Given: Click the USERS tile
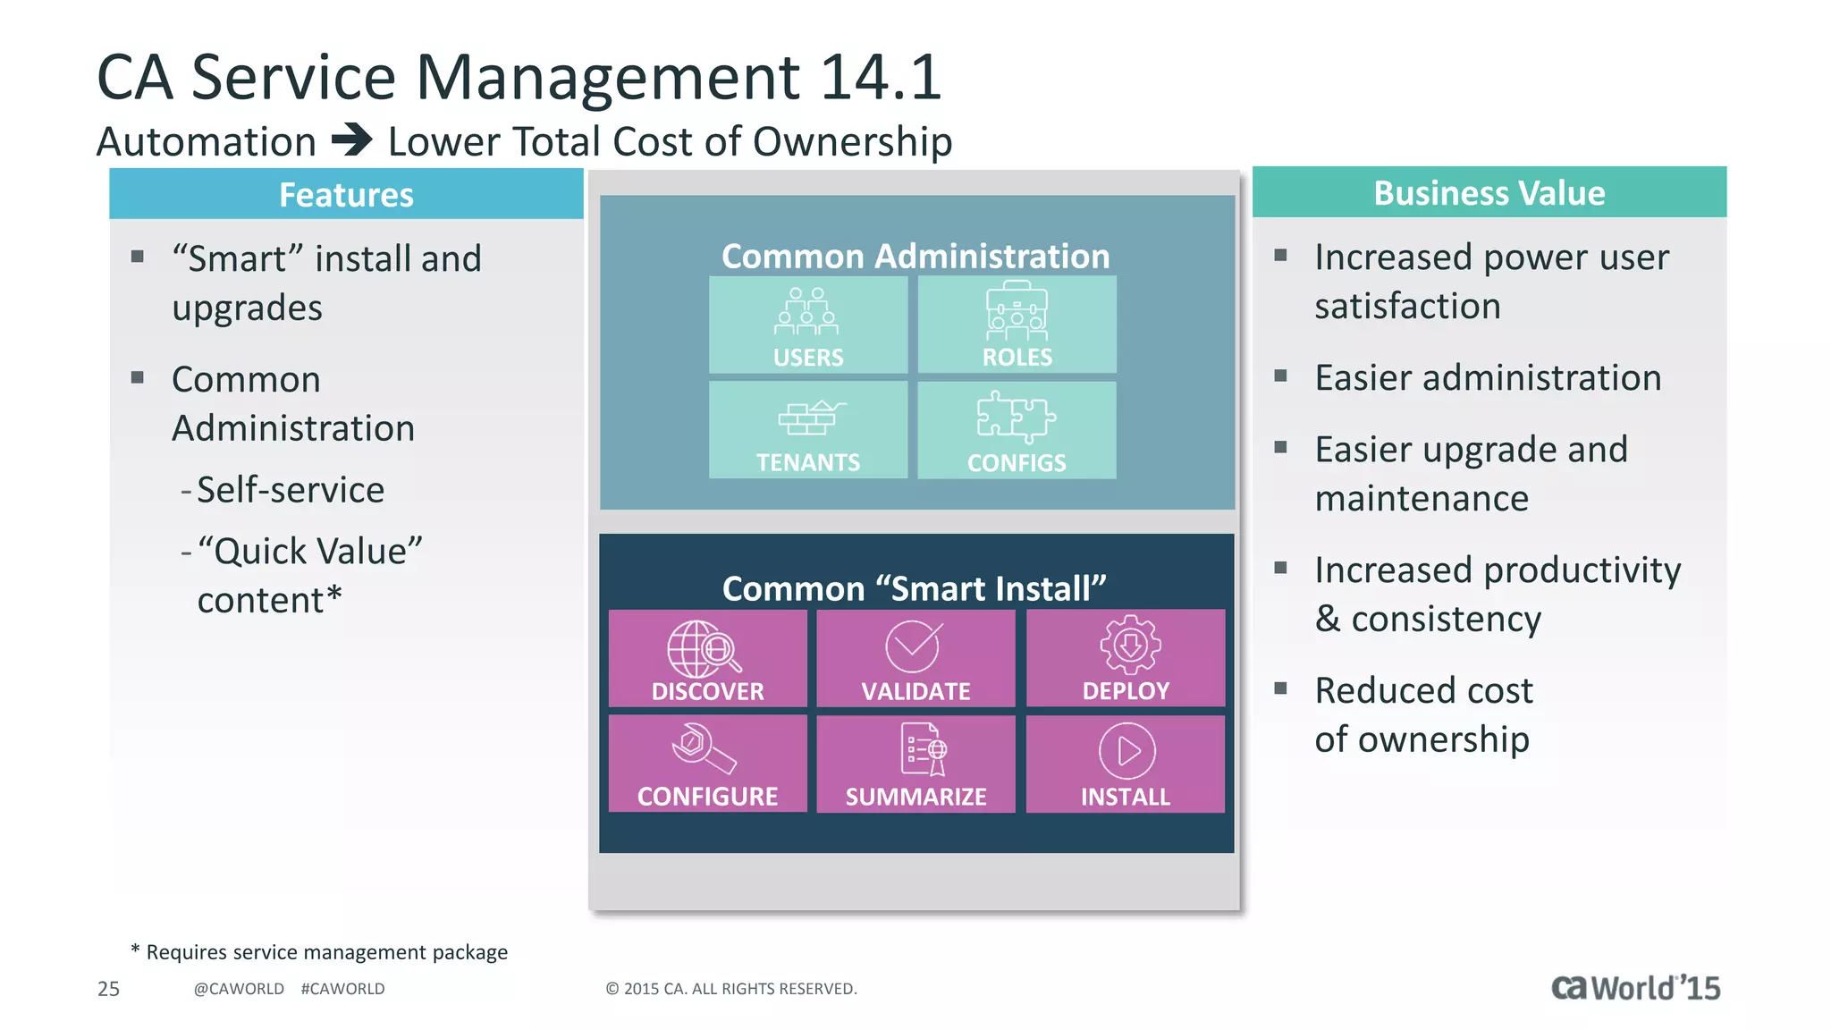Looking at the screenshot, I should pos(808,325).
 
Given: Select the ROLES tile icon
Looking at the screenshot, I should pos(1017,311).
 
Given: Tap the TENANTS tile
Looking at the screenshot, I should pos(808,430).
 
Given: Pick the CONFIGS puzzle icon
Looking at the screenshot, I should pos(1016,417).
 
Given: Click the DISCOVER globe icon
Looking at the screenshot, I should pos(704,649).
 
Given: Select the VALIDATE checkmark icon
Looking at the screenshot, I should pos(913,646).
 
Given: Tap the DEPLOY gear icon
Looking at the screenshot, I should pos(1130,645).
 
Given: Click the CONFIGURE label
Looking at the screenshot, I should pos(707,796).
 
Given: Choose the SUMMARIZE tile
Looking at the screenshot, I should pos(915,764).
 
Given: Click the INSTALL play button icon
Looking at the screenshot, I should pos(1126,751).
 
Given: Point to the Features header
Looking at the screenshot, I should pos(346,195).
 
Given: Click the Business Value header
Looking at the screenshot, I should pos(1489,193).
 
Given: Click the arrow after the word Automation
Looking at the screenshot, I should pos(351,140).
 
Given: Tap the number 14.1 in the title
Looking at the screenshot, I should pos(881,77).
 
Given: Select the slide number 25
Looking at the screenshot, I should pos(108,989).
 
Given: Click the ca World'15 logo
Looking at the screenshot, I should pos(1635,988).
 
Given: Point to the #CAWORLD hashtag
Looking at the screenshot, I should pos(342,989).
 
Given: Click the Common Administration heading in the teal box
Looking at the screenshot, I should pos(915,257).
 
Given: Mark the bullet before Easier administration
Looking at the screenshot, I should pos(1280,376).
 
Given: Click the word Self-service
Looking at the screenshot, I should pos(291,490).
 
